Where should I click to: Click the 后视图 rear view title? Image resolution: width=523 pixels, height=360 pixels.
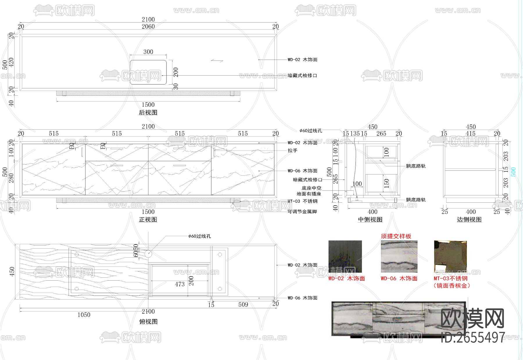pos(148,113)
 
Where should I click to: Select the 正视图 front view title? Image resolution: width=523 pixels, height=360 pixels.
pos(148,220)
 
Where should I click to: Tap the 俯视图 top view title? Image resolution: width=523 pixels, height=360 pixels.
pos(148,322)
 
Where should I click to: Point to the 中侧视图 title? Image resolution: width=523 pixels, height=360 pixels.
pos(370,220)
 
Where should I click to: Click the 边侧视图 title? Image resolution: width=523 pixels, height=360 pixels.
pos(469,220)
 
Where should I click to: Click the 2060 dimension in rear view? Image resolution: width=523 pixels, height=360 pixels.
pos(148,26)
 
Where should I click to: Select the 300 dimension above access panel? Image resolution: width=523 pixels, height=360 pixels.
pos(148,52)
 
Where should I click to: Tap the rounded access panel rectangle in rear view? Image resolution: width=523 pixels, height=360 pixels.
pos(148,72)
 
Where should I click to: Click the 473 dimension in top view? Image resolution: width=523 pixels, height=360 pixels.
pos(180,284)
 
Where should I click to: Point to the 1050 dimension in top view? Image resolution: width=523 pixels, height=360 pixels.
pos(84,315)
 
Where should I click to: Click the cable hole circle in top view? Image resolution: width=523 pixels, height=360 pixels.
pos(148,254)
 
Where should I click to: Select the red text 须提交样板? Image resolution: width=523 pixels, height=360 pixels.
pos(396,236)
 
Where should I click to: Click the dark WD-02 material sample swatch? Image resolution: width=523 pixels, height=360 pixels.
pos(345,256)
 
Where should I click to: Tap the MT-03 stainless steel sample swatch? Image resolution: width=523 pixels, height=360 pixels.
pos(450,256)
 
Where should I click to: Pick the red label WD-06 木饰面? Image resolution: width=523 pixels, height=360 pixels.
pos(399,279)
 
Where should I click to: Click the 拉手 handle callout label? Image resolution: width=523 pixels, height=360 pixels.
pos(293,151)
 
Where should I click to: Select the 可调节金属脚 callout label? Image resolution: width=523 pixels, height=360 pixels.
pos(302,212)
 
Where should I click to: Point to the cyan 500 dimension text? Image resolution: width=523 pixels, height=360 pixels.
pos(513,172)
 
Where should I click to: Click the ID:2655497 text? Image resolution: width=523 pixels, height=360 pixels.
pos(473,338)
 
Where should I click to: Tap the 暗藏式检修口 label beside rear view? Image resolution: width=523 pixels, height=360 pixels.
pos(302,76)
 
